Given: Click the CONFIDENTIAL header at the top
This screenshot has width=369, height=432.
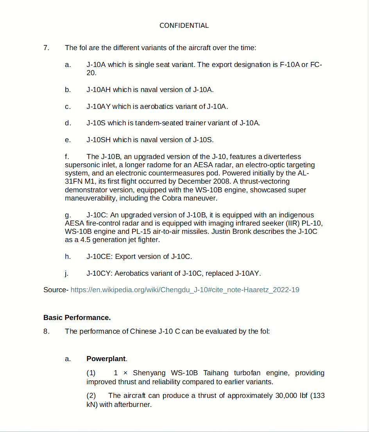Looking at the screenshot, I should (x=184, y=25).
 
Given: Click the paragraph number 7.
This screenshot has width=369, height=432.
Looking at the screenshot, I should (x=46, y=48).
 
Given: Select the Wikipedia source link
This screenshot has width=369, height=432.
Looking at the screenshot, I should (x=185, y=290).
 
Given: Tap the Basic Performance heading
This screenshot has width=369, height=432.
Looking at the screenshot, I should (x=77, y=317).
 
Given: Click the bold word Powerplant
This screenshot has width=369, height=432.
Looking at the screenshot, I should (x=106, y=359).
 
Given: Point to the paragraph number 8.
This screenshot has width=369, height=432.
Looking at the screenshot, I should (x=46, y=331).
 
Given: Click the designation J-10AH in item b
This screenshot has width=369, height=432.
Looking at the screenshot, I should (x=99, y=90).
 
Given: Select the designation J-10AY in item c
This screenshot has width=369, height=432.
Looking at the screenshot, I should (x=99, y=107).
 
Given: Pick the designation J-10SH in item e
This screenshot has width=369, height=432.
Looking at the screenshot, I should (x=99, y=140).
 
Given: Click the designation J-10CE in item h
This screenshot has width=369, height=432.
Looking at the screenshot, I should (x=99, y=257).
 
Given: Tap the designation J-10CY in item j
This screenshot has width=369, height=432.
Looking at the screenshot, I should (x=99, y=273).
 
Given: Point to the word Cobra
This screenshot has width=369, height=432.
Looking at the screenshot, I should (x=172, y=198).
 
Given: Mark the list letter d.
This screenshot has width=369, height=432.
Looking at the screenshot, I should (x=68, y=123).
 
